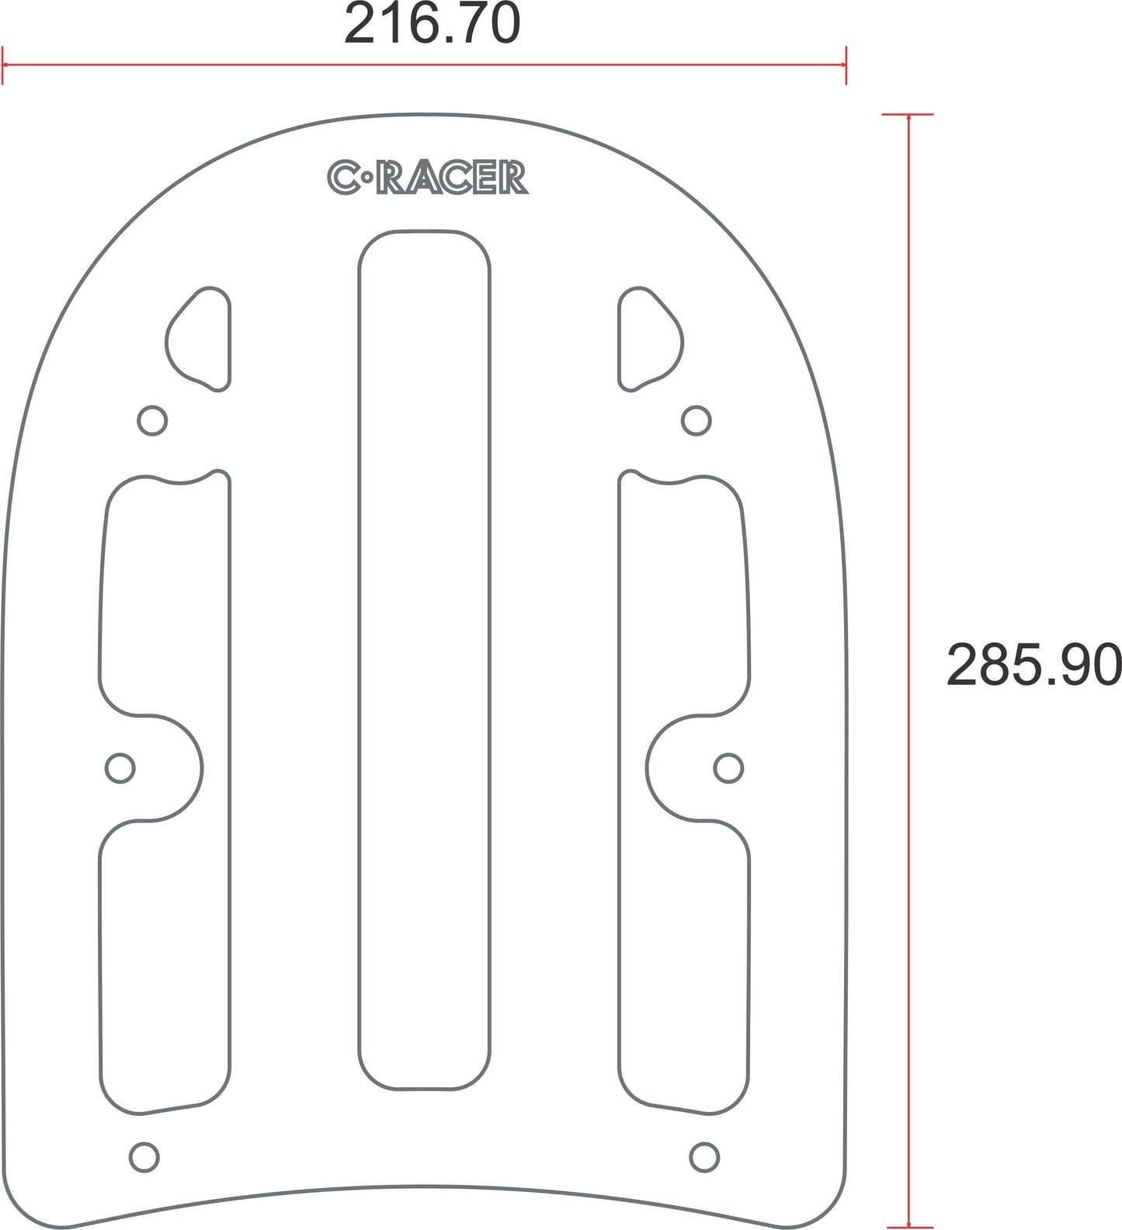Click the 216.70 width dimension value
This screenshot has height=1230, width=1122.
(x=432, y=24)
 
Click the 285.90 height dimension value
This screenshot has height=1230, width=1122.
(x=1033, y=665)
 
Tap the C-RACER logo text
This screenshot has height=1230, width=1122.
(x=428, y=178)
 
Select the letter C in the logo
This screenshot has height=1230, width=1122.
(x=342, y=178)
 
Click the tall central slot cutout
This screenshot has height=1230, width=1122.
(x=424, y=660)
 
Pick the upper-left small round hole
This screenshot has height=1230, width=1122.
(x=152, y=421)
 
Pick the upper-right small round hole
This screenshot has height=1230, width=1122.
(x=696, y=421)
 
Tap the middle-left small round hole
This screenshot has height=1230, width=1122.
(x=120, y=769)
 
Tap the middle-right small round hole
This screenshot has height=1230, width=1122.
(x=728, y=769)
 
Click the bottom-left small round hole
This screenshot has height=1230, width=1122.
(x=144, y=1157)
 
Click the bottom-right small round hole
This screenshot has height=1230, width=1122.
(x=704, y=1157)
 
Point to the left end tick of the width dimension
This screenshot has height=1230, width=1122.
(x=3, y=65)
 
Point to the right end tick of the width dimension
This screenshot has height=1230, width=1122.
(x=846, y=65)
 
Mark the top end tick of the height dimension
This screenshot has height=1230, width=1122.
(x=908, y=115)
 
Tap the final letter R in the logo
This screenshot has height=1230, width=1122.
(x=514, y=178)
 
